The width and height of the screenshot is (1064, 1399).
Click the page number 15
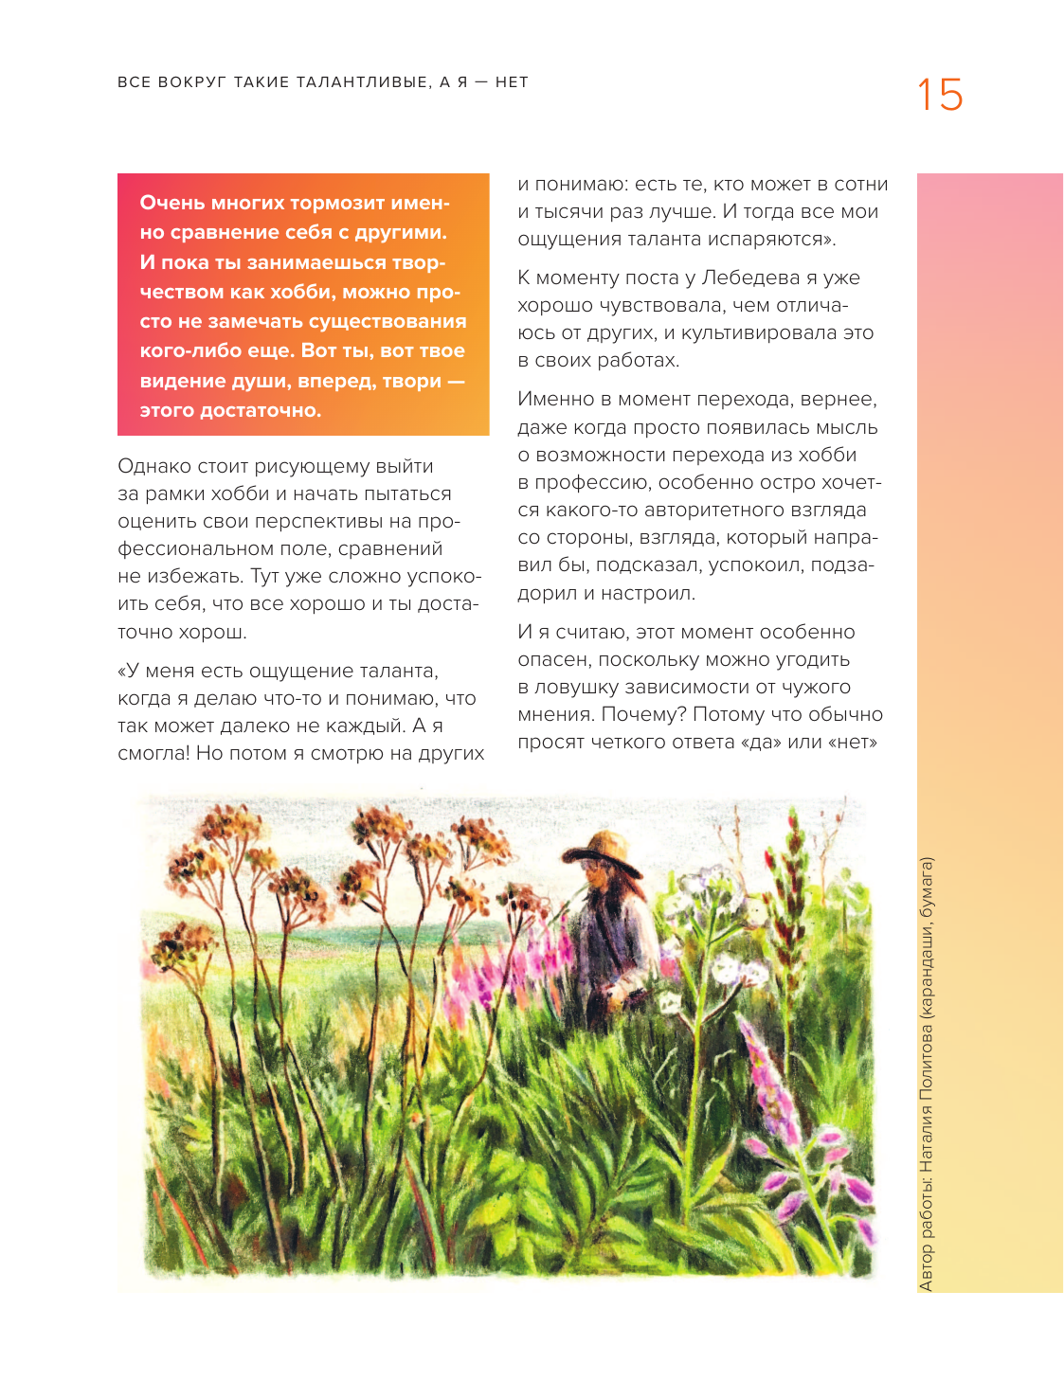pyautogui.click(x=939, y=96)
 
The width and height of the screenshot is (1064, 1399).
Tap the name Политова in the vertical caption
pyautogui.click(x=927, y=1062)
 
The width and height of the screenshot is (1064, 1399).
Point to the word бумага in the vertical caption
pyautogui.click(x=927, y=891)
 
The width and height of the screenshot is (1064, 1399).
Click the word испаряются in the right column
pyautogui.click(x=764, y=240)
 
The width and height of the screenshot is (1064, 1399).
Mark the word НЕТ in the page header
pyautogui.click(x=512, y=82)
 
